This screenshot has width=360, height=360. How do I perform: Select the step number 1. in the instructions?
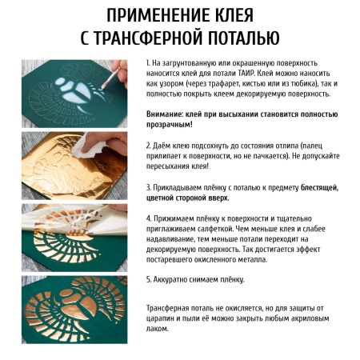149,62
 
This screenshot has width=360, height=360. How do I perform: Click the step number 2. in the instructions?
150,146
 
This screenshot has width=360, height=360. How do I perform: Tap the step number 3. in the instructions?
150,187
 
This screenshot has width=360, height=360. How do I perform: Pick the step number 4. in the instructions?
150,218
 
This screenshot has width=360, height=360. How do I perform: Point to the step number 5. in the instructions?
150,280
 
